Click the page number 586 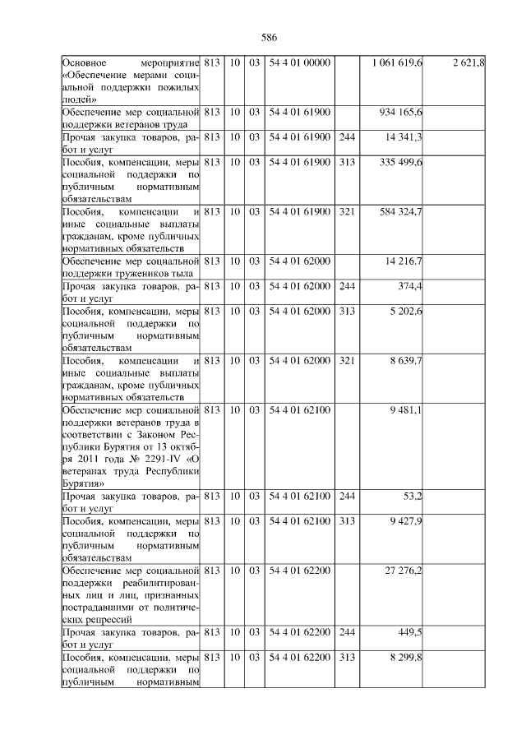269,38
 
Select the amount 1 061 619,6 397,63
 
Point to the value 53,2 413,497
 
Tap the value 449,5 411,633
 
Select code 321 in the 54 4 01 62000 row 347,361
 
